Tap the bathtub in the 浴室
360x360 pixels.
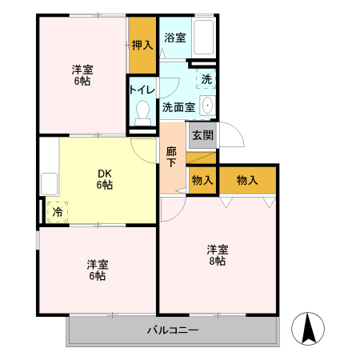click(204, 37)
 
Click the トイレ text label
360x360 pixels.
click(142, 90)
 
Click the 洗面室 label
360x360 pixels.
click(178, 106)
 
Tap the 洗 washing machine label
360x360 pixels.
click(206, 79)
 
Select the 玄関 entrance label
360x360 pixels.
click(202, 135)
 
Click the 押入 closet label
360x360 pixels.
click(142, 46)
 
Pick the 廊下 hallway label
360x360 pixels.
click(172, 156)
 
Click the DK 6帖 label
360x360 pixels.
click(104, 178)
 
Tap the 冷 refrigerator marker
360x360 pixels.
click(57, 213)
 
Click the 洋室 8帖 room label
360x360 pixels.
click(218, 254)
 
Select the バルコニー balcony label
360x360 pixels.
click(173, 330)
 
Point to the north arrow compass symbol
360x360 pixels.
click(309, 327)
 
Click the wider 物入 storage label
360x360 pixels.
click(247, 180)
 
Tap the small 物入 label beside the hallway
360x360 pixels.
click(202, 180)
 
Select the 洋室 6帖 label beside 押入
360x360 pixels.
click(82, 74)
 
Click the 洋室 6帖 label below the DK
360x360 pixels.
click(98, 270)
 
